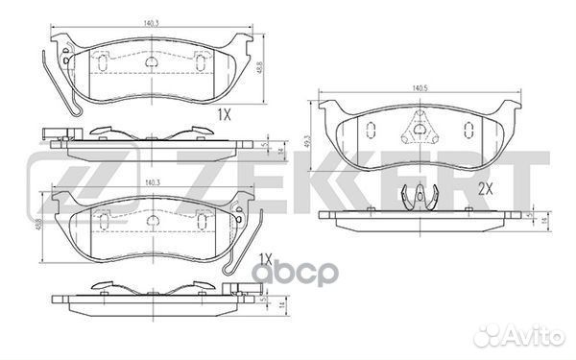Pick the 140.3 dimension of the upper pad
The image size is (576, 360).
pos(152,20)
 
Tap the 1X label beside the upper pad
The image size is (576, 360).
pos(225,113)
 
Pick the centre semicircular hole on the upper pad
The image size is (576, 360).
pos(152,63)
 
